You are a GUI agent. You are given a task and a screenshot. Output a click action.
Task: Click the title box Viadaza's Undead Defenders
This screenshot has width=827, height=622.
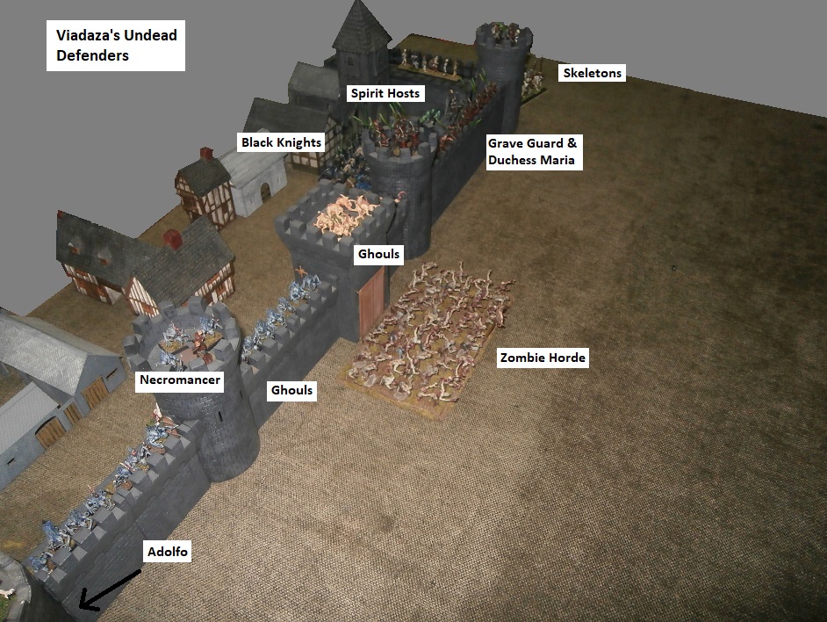(x=115, y=47)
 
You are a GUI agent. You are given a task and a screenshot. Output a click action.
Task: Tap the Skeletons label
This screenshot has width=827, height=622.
(x=592, y=73)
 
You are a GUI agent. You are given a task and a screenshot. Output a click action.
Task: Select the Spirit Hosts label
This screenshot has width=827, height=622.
(x=385, y=93)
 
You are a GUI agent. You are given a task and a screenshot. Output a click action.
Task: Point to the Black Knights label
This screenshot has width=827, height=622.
(x=281, y=142)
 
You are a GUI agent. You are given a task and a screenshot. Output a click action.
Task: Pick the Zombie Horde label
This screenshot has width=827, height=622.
(x=542, y=358)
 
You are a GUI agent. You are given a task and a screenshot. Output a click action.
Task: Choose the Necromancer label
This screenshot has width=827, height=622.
(x=179, y=381)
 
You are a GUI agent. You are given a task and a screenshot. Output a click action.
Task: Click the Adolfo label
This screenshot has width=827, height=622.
(x=166, y=552)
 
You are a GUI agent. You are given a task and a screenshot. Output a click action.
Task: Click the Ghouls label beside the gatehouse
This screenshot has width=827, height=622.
(x=378, y=255)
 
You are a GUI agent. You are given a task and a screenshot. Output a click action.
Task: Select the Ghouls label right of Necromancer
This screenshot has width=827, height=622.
(x=291, y=390)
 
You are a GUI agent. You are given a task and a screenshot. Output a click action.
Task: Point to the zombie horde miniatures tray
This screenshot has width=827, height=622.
(x=430, y=334)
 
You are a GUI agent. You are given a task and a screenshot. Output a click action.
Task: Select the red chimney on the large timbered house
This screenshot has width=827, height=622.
(x=173, y=238)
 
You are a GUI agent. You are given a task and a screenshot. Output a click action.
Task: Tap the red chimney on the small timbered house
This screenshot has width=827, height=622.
(x=206, y=155)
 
